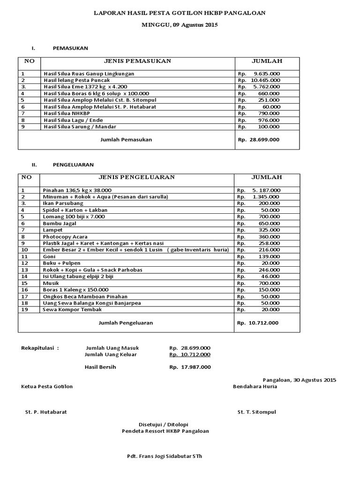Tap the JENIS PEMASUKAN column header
point(137,61)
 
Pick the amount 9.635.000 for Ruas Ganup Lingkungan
point(266,74)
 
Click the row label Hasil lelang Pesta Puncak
point(77,80)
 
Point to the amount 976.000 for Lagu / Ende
point(269,120)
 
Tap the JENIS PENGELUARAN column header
point(136,177)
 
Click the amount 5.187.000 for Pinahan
point(266,190)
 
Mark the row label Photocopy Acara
point(65,237)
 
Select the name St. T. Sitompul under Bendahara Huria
point(257,412)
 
